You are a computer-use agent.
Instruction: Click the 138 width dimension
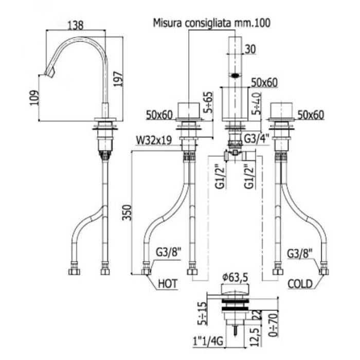[x=76, y=25]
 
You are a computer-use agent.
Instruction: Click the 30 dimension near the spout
[x=250, y=49]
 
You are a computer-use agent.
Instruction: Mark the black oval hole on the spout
[x=235, y=75]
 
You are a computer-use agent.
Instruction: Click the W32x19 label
[x=154, y=139]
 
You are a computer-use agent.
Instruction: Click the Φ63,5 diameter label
[x=236, y=277]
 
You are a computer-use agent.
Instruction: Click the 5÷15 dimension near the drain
[x=202, y=313]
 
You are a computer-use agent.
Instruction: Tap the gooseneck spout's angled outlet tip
[x=50, y=73]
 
